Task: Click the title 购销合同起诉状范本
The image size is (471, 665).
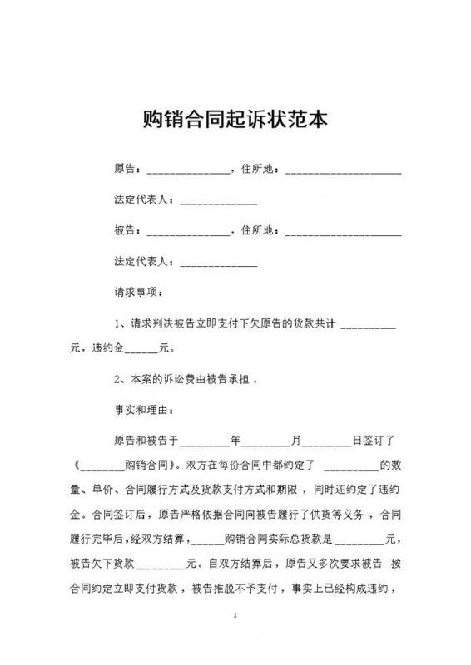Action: pos(235,119)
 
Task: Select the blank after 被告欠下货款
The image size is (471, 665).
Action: pos(163,564)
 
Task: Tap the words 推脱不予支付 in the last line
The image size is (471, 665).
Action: pos(237,592)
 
